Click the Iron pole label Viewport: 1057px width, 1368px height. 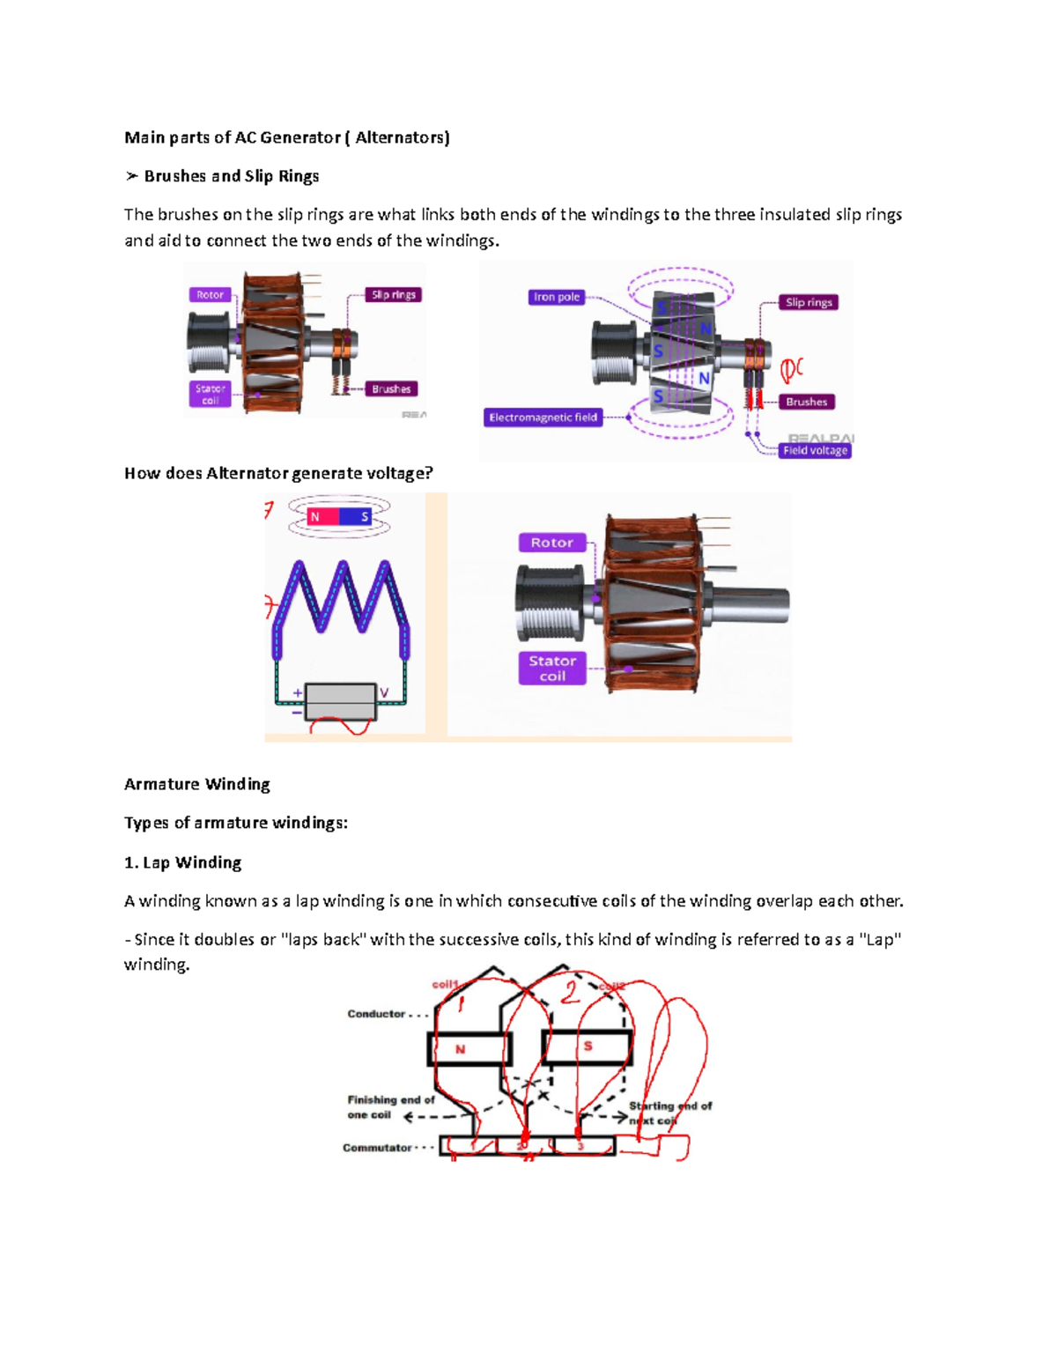[557, 297]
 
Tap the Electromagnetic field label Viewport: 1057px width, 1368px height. [543, 418]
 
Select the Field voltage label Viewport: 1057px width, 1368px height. [815, 450]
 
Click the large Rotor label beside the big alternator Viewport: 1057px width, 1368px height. [551, 543]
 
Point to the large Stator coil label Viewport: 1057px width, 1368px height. [552, 669]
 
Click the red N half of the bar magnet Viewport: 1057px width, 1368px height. [322, 517]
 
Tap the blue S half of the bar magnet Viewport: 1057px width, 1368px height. [358, 517]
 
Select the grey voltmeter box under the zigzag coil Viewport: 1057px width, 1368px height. [340, 702]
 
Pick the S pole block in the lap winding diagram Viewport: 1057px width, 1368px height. [588, 1047]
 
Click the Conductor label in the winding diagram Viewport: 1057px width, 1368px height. [376, 1014]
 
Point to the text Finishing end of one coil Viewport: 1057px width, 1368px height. [390, 1107]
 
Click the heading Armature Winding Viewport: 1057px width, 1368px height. [197, 784]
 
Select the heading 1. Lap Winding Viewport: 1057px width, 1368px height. [183, 862]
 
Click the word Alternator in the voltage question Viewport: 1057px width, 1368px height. [247, 473]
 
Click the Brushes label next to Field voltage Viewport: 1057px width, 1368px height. [806, 402]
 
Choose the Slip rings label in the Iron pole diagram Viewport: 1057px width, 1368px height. [809, 302]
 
